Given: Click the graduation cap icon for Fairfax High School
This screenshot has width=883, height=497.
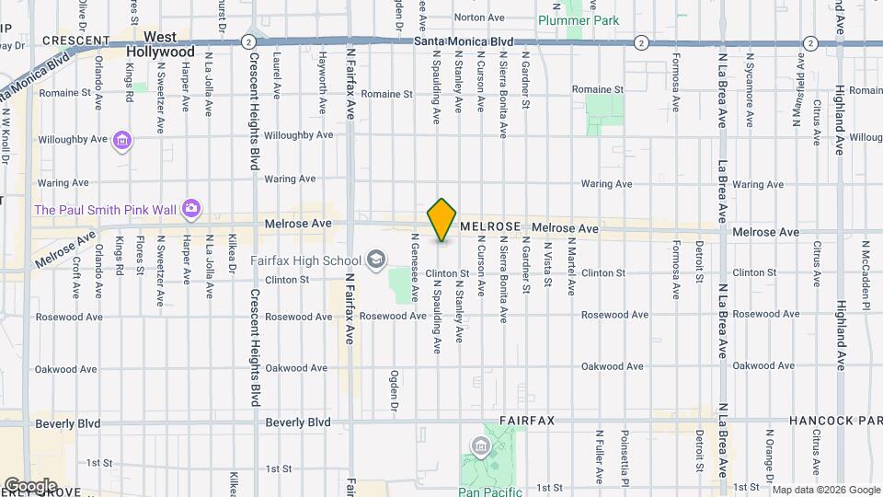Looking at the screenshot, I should tap(375, 260).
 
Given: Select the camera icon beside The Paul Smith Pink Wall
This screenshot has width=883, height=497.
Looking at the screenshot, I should tap(190, 209).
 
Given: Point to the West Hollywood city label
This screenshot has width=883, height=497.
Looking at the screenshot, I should tap(161, 44).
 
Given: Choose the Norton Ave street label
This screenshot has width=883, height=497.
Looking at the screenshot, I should tap(480, 17).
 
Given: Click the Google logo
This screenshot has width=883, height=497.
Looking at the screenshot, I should tap(29, 485).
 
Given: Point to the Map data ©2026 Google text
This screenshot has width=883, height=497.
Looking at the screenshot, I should tap(825, 490).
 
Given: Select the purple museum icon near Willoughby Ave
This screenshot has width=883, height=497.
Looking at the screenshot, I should tap(122, 141).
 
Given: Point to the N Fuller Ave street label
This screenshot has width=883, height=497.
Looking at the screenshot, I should tap(600, 455).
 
